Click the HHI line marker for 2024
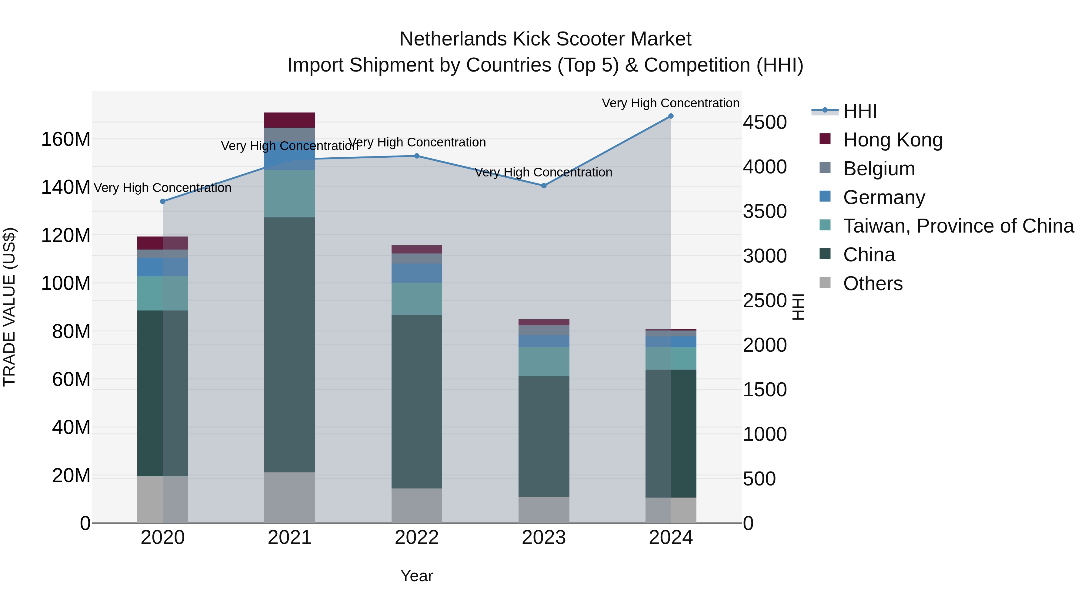(670, 116)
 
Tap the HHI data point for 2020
(163, 201)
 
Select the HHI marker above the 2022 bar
(417, 156)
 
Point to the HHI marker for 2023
(544, 186)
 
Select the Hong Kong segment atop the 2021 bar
(290, 120)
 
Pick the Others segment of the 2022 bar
(417, 505)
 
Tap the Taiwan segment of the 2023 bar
(544, 361)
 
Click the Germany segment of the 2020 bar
(163, 267)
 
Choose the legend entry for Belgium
(879, 169)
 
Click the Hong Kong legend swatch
(825, 139)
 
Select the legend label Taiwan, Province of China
(958, 226)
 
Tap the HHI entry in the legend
(859, 111)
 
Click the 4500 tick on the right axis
(765, 122)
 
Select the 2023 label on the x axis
(544, 537)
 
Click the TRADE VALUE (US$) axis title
(9, 307)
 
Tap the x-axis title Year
(417, 576)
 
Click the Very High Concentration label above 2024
(670, 103)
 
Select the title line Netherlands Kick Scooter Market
(545, 39)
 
